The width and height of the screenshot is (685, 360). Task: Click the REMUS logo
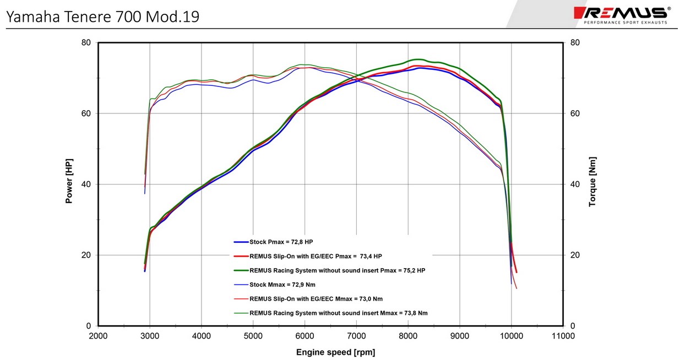[x=622, y=14]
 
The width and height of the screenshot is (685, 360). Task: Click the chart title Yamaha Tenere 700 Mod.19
[x=102, y=17]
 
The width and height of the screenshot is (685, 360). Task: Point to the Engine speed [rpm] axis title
[x=335, y=352]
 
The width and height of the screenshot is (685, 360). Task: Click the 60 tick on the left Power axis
[x=85, y=113]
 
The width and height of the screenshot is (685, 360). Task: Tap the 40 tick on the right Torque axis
[x=575, y=184]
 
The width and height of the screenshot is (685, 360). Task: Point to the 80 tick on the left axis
[x=85, y=43]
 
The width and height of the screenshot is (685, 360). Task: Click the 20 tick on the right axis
[x=575, y=255]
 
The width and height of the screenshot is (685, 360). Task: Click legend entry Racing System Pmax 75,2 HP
[x=337, y=270]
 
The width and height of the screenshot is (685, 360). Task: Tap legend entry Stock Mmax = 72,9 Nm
[x=282, y=285]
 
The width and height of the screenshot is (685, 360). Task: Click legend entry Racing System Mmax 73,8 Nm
[x=338, y=313]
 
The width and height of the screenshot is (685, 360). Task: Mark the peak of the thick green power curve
[x=418, y=59]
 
